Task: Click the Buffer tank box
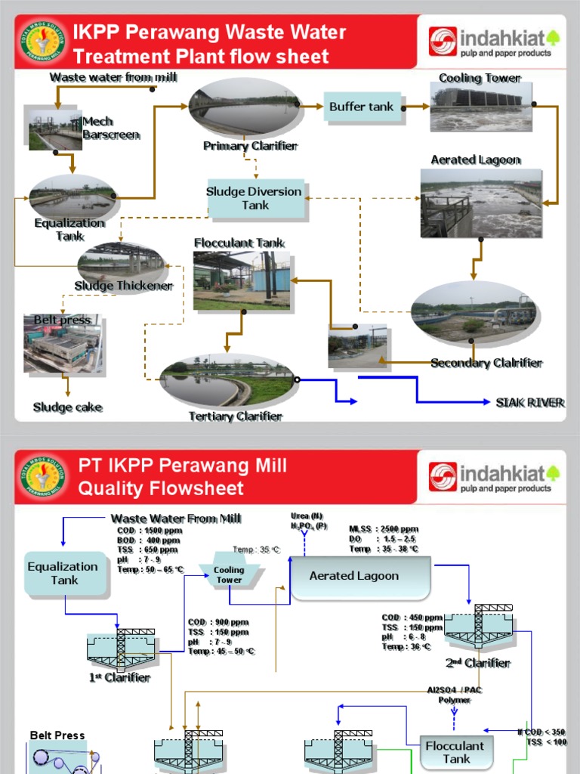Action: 361,107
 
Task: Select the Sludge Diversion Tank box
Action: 255,199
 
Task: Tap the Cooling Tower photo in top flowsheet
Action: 477,107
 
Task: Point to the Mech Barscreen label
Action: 100,128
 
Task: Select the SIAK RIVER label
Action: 529,402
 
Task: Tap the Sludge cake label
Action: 67,407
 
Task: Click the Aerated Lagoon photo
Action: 481,203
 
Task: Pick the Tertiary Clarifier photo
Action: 227,381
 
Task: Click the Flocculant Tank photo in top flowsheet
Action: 241,280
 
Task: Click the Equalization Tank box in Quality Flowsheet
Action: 64,573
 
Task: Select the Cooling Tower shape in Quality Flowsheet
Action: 229,575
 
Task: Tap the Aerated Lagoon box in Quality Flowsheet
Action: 359,577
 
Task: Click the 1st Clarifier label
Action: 119,678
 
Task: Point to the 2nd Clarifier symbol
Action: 477,627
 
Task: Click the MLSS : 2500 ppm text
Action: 384,529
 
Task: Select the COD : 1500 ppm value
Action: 150,531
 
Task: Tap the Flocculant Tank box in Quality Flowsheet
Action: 456,752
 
